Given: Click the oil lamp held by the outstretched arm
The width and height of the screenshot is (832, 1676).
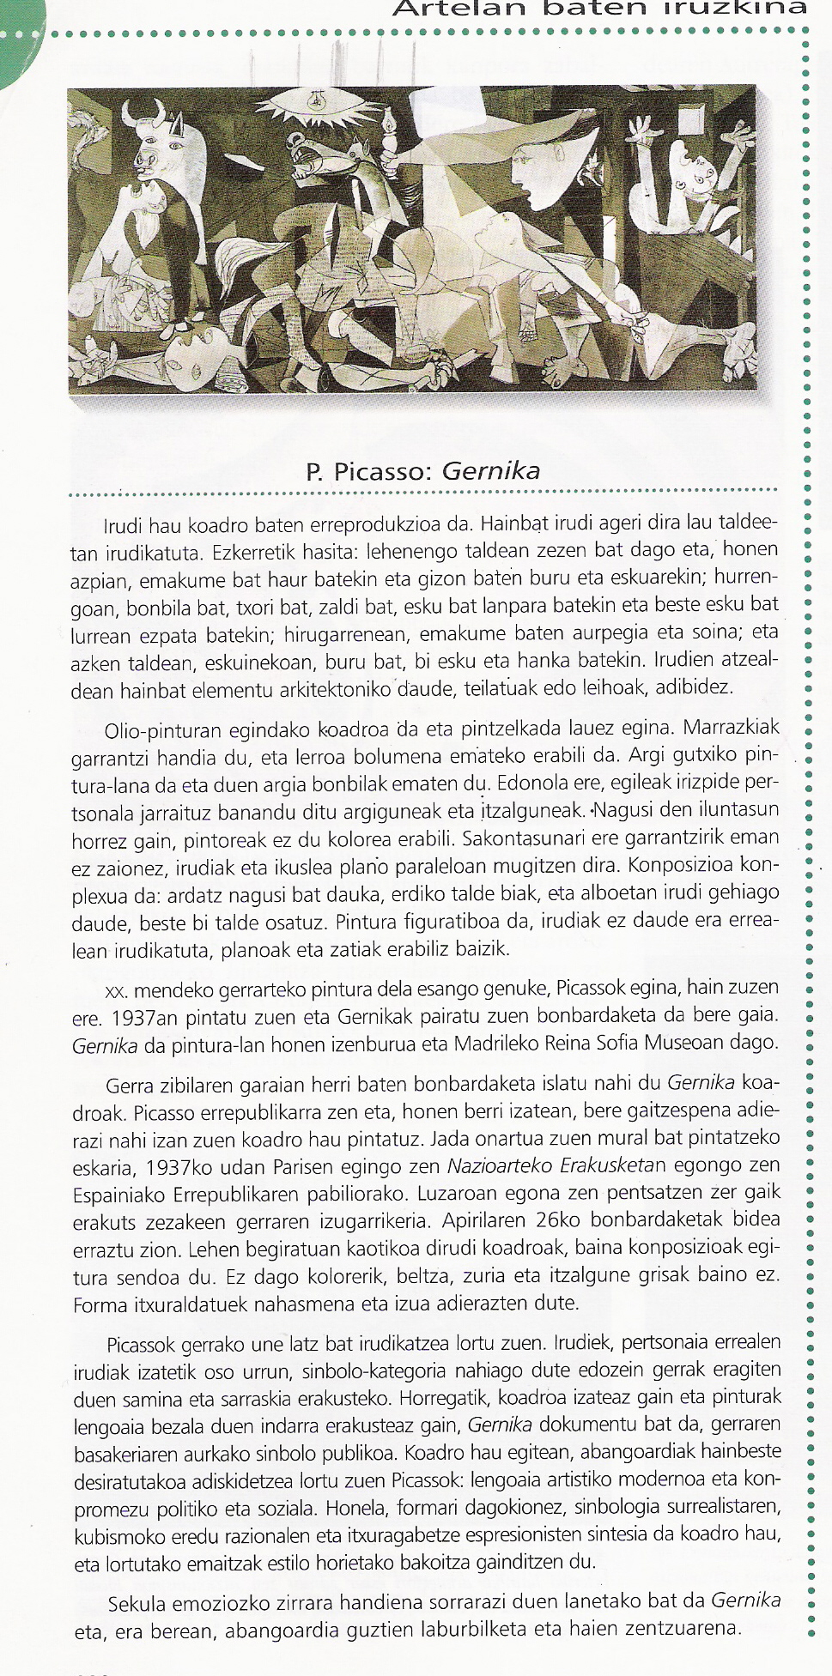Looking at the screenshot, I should point(388,129).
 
